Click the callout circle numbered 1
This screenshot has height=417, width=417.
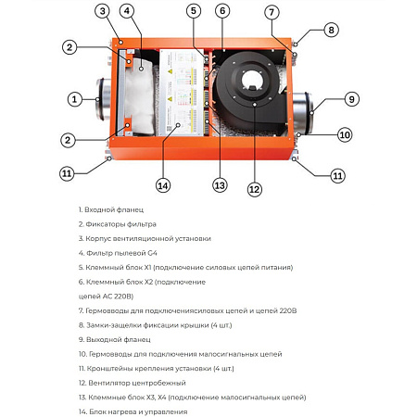74,98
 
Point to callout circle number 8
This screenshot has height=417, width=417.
332,30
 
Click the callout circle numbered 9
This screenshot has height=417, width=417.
351,99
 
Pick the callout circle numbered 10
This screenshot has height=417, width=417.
345,134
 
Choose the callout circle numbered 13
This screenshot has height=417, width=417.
220,184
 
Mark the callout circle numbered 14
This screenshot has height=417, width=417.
163,185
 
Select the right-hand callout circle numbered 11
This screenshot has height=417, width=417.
337,175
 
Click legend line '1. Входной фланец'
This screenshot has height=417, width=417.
111,209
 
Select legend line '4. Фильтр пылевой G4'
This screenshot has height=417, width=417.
117,252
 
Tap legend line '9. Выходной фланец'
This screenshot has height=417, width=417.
115,338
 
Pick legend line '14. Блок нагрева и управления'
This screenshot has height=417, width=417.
135,410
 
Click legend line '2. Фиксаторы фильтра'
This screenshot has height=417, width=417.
117,224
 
